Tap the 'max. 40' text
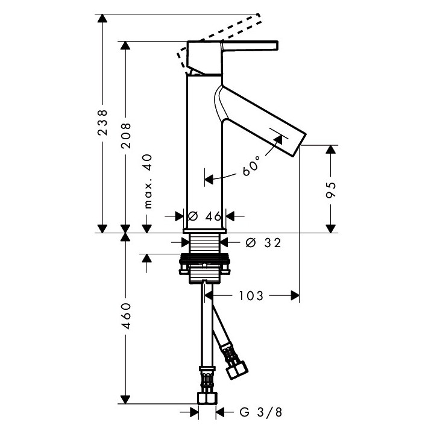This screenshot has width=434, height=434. [147, 181]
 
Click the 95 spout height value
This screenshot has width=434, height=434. [330, 189]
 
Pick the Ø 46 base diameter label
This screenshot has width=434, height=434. [204, 216]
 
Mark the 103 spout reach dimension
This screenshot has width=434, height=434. [251, 295]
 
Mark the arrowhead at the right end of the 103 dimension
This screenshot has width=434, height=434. [295, 295]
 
